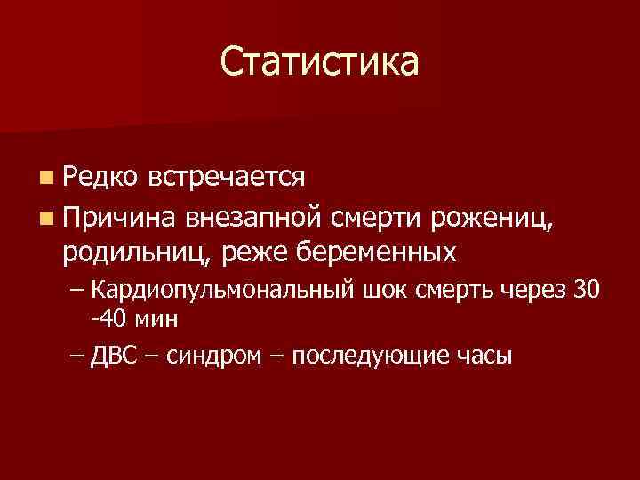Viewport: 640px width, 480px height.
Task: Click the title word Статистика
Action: [x=319, y=61]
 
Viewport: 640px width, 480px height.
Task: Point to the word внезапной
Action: [x=254, y=215]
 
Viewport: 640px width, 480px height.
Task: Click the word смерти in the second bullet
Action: [x=378, y=215]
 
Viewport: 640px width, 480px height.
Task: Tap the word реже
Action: [x=252, y=252]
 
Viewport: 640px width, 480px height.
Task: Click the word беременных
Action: [x=371, y=252]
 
